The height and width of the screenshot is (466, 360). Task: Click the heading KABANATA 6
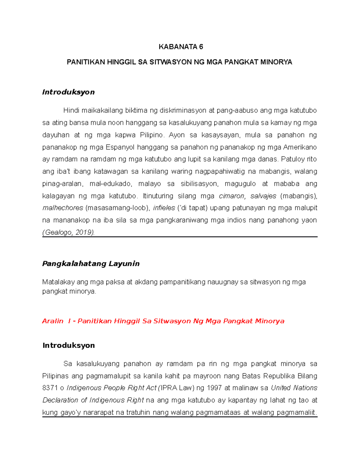click(181, 47)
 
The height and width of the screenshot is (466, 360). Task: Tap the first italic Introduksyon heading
click(68, 92)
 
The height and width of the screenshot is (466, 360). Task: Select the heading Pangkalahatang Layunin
click(91, 264)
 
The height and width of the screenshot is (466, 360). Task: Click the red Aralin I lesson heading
click(163, 321)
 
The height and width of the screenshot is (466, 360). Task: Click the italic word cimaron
click(232, 196)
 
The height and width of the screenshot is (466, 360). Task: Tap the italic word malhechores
click(63, 208)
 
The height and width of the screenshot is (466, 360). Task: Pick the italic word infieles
click(164, 208)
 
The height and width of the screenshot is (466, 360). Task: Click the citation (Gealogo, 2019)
click(68, 233)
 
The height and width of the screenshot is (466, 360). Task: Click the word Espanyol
click(120, 147)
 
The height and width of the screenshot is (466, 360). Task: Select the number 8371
click(49, 388)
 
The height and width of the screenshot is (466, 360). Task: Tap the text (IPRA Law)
click(177, 388)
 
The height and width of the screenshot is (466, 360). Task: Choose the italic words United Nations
click(294, 388)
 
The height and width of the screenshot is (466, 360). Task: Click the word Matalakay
click(58, 282)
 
